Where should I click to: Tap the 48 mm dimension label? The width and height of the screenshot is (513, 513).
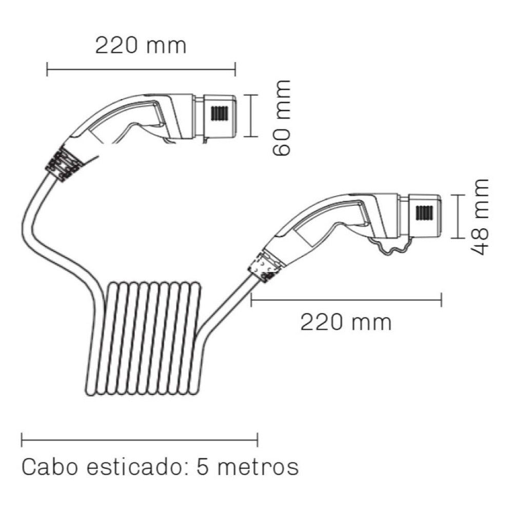pyautogui.click(x=481, y=217)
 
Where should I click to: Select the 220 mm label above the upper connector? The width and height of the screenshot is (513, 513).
pyautogui.click(x=141, y=46)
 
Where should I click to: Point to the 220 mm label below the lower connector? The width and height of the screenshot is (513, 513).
pyautogui.click(x=346, y=323)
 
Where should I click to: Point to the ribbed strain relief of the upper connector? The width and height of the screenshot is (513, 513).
pyautogui.click(x=64, y=164)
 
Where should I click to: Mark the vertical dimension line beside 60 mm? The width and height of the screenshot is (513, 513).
pyautogui.click(x=250, y=116)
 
